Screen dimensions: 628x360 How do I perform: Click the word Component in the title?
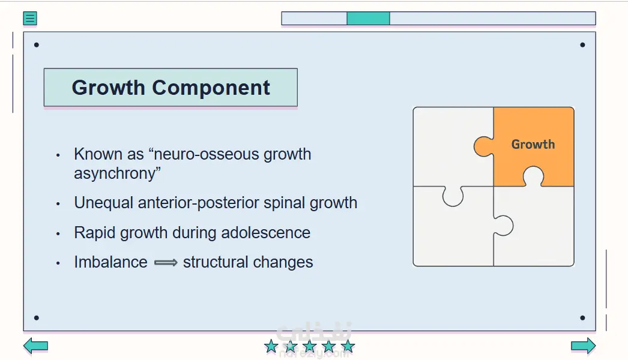pos(211,88)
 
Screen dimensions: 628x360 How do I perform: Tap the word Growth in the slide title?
pos(108,87)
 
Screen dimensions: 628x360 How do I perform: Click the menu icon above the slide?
pos(30,19)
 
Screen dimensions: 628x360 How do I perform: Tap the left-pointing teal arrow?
pos(35,346)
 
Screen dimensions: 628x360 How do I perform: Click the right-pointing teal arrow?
pos(583,346)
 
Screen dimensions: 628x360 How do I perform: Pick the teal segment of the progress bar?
pos(368,19)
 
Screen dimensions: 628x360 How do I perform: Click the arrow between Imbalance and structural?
pos(166,263)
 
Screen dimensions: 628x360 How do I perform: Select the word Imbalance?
pos(110,262)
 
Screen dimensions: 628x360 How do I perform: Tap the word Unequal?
pos(103,203)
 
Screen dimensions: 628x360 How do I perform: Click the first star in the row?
pos(271,346)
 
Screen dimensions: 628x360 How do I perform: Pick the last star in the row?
pos(348,346)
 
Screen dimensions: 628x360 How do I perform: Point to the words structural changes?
pos(248,262)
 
